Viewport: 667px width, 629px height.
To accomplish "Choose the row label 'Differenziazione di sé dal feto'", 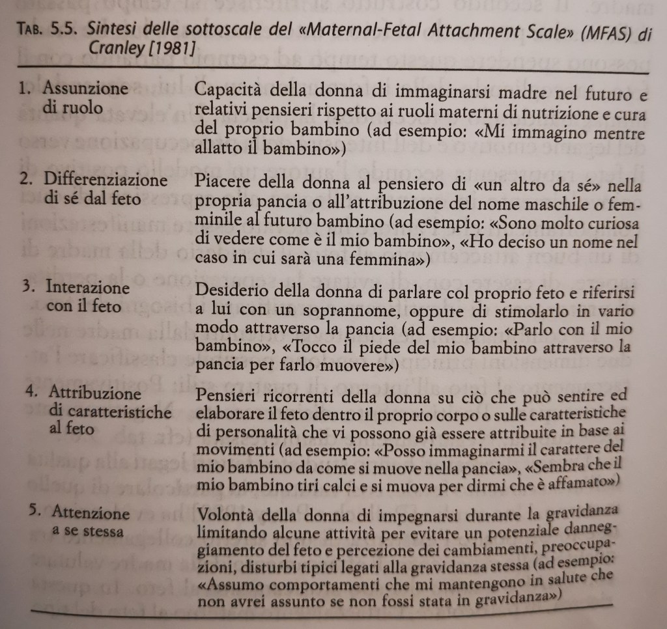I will click(104, 189).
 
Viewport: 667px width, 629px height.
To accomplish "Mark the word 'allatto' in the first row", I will click(217, 148).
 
